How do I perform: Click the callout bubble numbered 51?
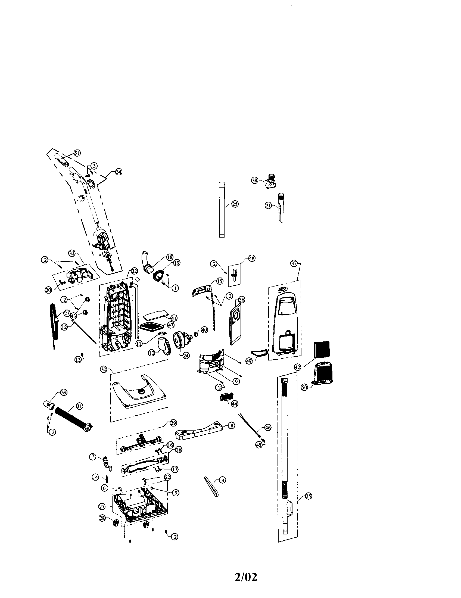click(x=77, y=153)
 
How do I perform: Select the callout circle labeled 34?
click(x=119, y=172)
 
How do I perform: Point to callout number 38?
click(x=255, y=180)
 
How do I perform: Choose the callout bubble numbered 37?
click(x=294, y=263)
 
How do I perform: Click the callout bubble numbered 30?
click(x=104, y=369)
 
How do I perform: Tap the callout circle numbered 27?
click(x=102, y=507)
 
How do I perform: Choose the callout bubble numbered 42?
click(x=298, y=367)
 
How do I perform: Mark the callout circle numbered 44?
click(x=235, y=404)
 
